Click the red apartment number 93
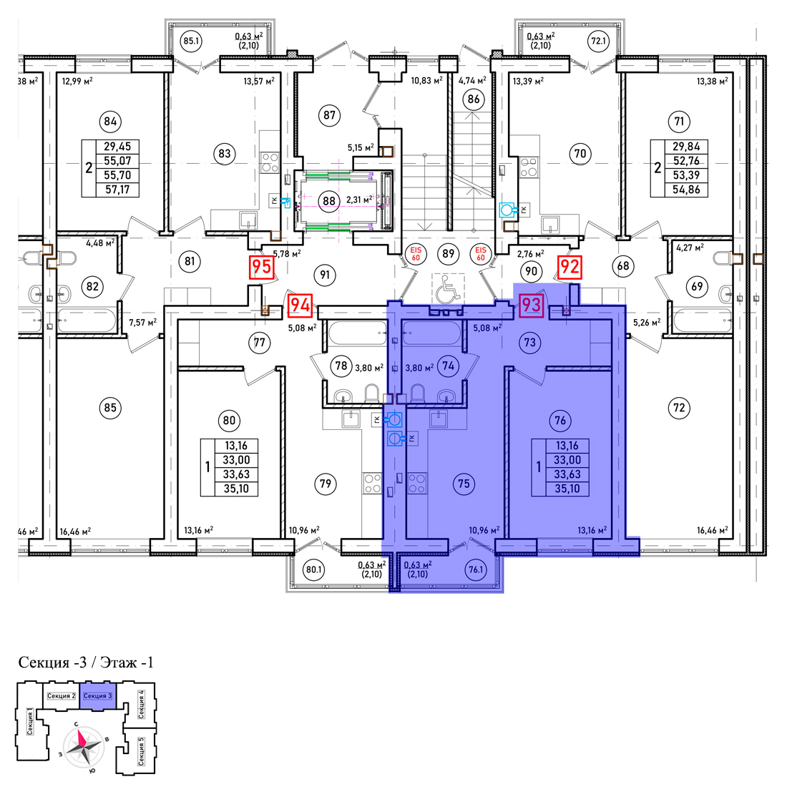pyautogui.click(x=531, y=305)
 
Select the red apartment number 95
pyautogui.click(x=261, y=267)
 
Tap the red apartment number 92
pyautogui.click(x=570, y=267)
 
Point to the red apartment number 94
pyautogui.click(x=300, y=305)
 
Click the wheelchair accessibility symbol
pyautogui.click(x=448, y=290)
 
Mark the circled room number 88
pyautogui.click(x=329, y=201)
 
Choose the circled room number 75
pyautogui.click(x=464, y=484)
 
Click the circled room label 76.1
pyautogui.click(x=475, y=570)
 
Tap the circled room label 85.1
pyautogui.click(x=191, y=41)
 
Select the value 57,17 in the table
pyautogui.click(x=117, y=190)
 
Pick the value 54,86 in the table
pyautogui.click(x=686, y=190)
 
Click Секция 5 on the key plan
pyautogui.click(x=141, y=751)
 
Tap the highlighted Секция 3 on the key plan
pyautogui.click(x=97, y=695)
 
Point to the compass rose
pyautogui.click(x=83, y=746)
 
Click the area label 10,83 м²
pyautogui.click(x=426, y=80)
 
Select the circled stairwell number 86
pyautogui.click(x=474, y=99)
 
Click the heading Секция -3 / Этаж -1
pyautogui.click(x=86, y=663)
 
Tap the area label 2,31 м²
pyautogui.click(x=359, y=200)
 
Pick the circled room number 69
pyautogui.click(x=697, y=286)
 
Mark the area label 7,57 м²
pyautogui.click(x=142, y=322)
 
